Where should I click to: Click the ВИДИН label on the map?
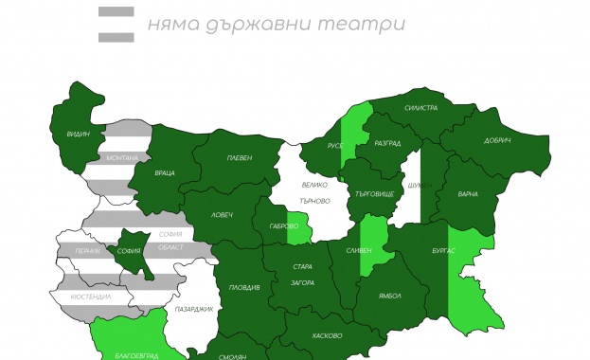click(79, 135)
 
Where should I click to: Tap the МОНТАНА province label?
click(122, 158)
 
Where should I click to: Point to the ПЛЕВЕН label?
click(240, 157)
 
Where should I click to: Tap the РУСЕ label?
click(335, 146)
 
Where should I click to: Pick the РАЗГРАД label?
click(387, 143)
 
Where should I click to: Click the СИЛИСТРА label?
click(420, 108)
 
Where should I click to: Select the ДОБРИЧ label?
click(498, 141)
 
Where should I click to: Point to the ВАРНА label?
click(468, 194)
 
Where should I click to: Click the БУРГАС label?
click(445, 250)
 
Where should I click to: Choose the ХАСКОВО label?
click(326, 335)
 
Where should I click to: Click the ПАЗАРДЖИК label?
click(194, 309)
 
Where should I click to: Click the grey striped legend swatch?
click(116, 24)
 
